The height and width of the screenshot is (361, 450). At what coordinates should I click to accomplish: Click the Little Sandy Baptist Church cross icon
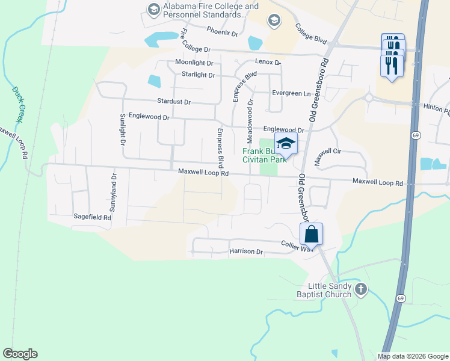pos(360,289)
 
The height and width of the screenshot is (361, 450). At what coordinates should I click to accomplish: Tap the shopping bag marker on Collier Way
pos(312,233)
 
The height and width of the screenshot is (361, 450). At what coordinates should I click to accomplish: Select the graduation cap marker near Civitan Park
pos(286,144)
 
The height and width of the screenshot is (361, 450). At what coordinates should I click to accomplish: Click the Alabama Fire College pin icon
pos(152,9)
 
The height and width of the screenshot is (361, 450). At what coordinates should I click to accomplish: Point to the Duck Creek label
pos(17,105)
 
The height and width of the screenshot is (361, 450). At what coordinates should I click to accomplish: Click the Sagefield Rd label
pos(92,217)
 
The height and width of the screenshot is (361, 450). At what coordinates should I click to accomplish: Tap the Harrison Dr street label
pos(246,251)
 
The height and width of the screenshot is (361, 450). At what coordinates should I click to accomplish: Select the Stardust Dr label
pos(173,102)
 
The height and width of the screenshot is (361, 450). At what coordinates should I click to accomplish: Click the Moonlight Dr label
pos(194,63)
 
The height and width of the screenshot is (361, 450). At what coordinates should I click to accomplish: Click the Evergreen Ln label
pos(291,93)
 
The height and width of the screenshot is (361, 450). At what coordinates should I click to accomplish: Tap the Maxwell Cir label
pos(327,152)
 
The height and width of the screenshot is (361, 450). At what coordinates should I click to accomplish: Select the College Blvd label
pos(310,34)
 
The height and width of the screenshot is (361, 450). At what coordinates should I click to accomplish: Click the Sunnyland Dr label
pos(112,192)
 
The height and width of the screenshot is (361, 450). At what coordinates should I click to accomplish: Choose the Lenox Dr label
pos(268,62)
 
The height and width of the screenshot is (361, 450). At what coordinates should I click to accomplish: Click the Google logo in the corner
pos(20,354)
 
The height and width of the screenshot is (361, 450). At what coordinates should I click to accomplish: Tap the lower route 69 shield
pos(401,298)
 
